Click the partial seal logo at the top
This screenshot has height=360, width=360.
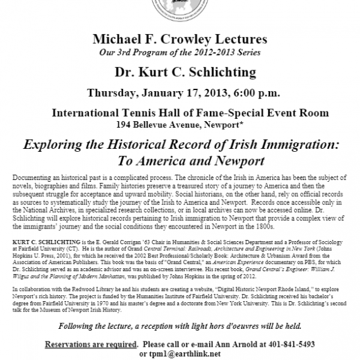click(180, 8)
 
